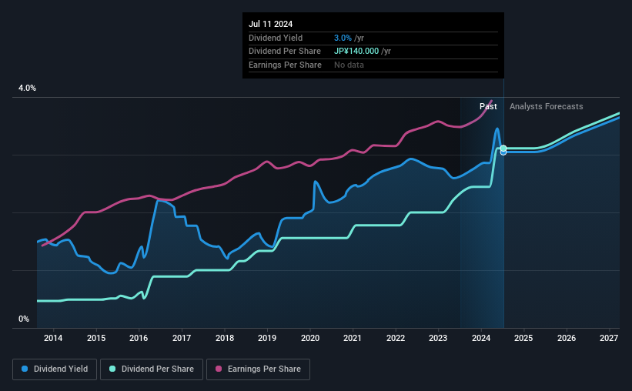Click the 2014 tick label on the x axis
53,338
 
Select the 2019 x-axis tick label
266,338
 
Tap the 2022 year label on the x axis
395,338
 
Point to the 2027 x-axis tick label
609,338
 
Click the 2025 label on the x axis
523,338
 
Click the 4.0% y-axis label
27,89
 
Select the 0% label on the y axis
24,319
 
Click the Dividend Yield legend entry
55,369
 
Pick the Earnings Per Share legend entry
258,369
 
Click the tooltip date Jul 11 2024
270,24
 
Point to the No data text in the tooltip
349,65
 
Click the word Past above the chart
488,106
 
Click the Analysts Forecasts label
546,106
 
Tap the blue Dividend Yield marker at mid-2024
503,152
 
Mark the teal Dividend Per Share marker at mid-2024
503,148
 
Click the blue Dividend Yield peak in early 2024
497,129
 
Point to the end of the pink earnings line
492,101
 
